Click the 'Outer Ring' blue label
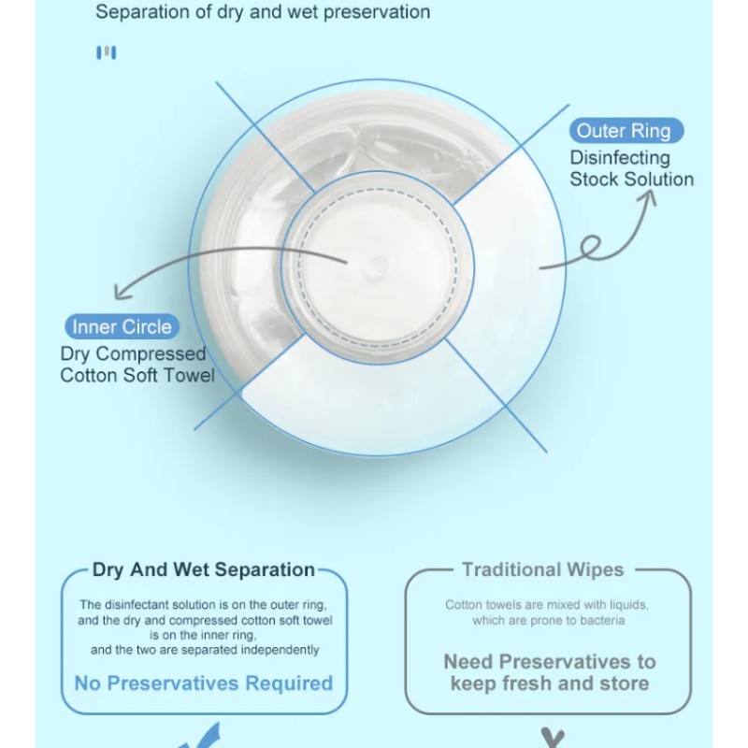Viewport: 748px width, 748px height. tap(626, 131)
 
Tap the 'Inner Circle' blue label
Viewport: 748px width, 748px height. tap(122, 327)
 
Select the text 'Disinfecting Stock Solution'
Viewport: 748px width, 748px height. tap(631, 168)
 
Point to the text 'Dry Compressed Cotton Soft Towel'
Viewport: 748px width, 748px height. tap(137, 365)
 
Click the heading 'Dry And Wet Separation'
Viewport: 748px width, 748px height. tap(203, 569)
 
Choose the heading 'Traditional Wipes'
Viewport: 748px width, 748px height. tap(542, 569)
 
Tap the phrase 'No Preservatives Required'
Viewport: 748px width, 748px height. tap(203, 683)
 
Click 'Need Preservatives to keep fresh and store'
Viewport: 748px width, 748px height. tap(549, 672)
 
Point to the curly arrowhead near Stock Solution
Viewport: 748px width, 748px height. tap(651, 197)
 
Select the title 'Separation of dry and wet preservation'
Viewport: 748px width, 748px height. tap(263, 12)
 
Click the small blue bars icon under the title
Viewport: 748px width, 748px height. tap(107, 53)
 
